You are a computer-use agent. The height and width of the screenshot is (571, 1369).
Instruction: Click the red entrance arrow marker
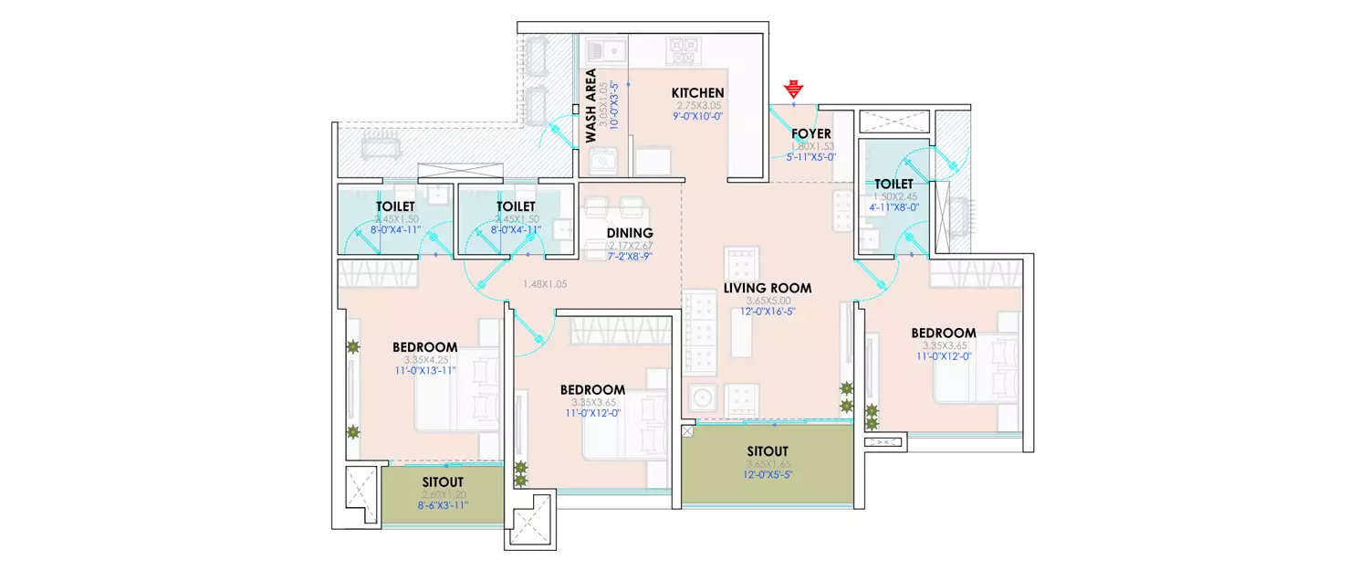pos(794,90)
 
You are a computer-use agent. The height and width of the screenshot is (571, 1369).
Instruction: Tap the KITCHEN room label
pos(697,93)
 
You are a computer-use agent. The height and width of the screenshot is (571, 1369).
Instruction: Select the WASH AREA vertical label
pos(590,106)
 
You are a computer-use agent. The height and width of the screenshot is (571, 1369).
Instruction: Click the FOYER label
pos(810,133)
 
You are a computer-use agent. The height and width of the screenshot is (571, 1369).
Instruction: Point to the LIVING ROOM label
pos(767,288)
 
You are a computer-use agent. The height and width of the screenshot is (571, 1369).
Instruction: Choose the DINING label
pos(630,233)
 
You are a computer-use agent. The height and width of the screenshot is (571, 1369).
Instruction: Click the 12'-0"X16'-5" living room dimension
pos(767,312)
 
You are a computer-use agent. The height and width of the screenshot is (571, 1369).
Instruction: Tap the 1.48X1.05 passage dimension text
pos(545,284)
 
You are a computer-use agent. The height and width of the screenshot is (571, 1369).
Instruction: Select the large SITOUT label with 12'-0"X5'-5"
pos(767,451)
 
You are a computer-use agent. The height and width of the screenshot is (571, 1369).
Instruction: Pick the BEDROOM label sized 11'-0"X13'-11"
pos(424,347)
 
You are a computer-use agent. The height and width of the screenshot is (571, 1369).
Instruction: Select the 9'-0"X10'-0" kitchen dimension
pos(697,117)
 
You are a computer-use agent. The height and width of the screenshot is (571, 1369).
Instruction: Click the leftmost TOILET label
pos(396,207)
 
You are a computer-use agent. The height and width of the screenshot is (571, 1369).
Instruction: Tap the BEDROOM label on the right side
pos(943,333)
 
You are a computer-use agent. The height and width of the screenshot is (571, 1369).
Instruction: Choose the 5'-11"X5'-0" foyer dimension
pos(810,157)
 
